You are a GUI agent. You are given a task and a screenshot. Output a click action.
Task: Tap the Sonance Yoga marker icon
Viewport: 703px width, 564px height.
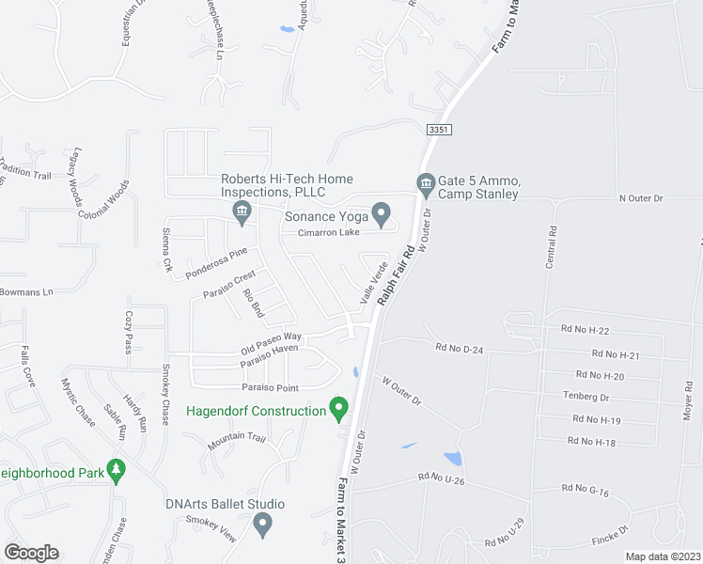point(382,215)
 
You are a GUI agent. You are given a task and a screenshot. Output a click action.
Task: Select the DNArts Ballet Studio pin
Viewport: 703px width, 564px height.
point(263,523)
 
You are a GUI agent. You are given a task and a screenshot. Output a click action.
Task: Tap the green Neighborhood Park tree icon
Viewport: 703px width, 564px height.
point(117,469)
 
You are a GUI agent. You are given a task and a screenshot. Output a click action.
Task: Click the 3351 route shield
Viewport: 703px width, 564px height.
point(437,129)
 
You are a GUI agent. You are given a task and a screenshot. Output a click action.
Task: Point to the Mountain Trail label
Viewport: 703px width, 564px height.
point(237,437)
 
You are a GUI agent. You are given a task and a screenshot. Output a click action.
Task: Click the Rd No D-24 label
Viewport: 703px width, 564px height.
point(459,348)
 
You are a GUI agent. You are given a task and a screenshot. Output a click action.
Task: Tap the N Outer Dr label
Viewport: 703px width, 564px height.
point(641,198)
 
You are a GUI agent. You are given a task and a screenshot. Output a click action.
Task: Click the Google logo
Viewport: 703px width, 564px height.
point(31,552)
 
